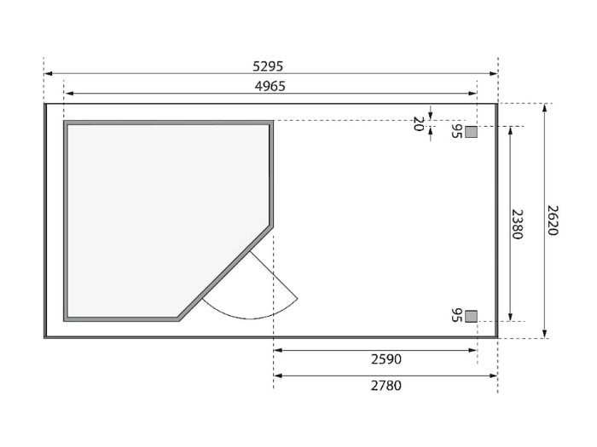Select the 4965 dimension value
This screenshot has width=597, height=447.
[x=270, y=86]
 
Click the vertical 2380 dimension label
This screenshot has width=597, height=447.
[x=517, y=223]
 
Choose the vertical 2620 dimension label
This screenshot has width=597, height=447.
[x=552, y=220]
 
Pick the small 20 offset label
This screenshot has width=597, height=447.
[x=418, y=123]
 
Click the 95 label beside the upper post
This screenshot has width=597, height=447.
[x=456, y=131]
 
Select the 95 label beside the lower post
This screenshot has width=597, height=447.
[x=456, y=315]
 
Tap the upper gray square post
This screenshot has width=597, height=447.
[x=471, y=131]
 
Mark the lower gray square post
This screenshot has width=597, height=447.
[x=471, y=316]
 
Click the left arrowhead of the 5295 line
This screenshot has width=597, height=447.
[x=48, y=74]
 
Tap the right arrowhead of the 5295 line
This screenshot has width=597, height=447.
[x=495, y=74]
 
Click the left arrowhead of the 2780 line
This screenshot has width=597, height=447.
[x=277, y=375]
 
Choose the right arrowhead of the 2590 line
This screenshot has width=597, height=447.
[x=473, y=350]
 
